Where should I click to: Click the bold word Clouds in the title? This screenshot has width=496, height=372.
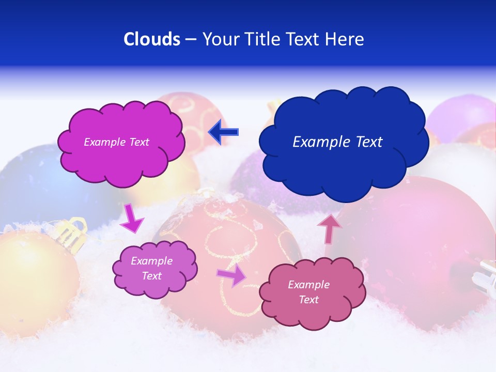152,39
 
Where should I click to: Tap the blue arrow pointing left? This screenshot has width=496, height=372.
223,132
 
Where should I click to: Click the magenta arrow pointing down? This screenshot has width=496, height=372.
132,218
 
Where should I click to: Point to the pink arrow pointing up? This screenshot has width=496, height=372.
330,228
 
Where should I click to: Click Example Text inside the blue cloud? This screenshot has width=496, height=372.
337,142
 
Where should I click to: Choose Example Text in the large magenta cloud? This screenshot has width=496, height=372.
116,142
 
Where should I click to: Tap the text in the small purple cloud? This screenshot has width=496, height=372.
152,268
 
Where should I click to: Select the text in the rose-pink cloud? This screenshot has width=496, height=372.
308,292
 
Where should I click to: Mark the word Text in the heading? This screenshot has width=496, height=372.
305,39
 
